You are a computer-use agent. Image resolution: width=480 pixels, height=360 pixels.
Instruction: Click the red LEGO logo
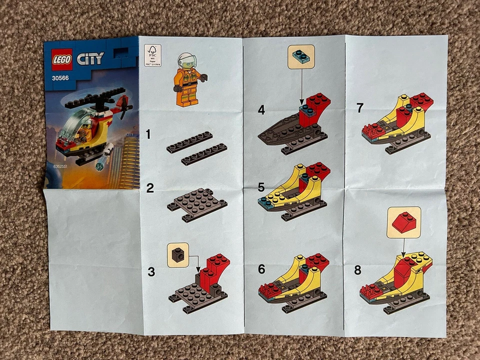click(62, 59)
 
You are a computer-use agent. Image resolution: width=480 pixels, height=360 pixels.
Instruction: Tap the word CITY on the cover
click(90, 58)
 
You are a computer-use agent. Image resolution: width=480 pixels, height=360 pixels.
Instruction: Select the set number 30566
click(60, 77)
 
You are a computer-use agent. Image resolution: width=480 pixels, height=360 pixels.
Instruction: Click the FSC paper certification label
click(153, 55)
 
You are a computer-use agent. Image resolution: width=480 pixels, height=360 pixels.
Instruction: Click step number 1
click(148, 134)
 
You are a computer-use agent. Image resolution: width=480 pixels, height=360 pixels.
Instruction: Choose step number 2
click(149, 188)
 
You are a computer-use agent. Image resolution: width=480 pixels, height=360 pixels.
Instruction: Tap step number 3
click(151, 272)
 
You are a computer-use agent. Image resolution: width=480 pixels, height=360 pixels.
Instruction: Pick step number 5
click(261, 187)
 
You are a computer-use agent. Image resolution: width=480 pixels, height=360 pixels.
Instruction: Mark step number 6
click(261, 269)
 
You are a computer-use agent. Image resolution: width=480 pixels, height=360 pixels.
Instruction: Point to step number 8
click(357, 270)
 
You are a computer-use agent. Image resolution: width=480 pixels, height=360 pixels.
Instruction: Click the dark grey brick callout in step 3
click(177, 255)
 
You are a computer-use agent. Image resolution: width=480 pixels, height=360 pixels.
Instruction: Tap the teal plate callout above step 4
click(301, 56)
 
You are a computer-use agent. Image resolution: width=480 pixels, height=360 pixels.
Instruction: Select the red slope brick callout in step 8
click(404, 222)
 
